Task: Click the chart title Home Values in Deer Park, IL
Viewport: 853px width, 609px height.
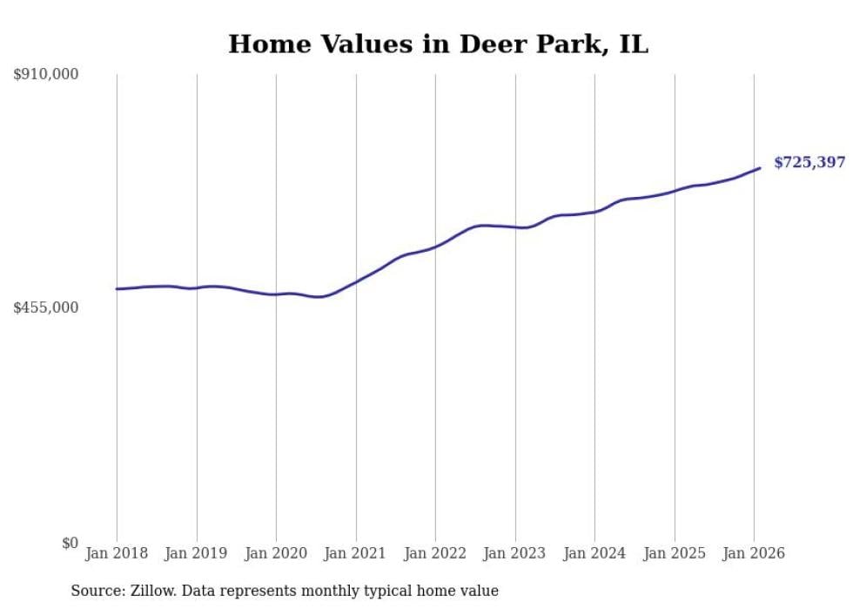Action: pos(438,44)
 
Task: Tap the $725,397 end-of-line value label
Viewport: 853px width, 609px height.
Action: pos(809,162)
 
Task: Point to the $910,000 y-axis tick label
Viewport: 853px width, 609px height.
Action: pos(46,75)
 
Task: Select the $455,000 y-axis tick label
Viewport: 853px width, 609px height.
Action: pos(46,308)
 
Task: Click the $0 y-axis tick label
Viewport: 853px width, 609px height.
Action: pos(70,543)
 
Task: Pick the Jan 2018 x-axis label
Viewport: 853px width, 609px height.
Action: pos(117,553)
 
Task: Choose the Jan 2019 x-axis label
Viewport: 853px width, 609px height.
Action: pos(197,553)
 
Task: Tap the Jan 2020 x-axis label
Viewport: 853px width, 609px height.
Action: pos(276,553)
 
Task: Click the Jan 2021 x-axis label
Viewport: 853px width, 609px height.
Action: pos(356,553)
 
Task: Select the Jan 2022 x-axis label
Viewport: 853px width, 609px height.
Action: pos(435,553)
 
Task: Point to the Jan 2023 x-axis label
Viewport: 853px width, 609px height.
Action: pos(515,553)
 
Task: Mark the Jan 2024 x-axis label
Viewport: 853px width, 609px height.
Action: pos(594,553)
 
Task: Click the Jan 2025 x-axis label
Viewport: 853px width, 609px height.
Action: pos(675,553)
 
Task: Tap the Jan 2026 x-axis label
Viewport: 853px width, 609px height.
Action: pos(754,553)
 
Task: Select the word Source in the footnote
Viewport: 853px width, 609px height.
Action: pos(94,591)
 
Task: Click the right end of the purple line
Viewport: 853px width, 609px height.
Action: pos(760,168)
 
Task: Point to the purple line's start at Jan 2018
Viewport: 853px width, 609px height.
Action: pos(117,288)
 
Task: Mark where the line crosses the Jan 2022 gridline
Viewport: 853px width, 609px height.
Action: pos(435,247)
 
